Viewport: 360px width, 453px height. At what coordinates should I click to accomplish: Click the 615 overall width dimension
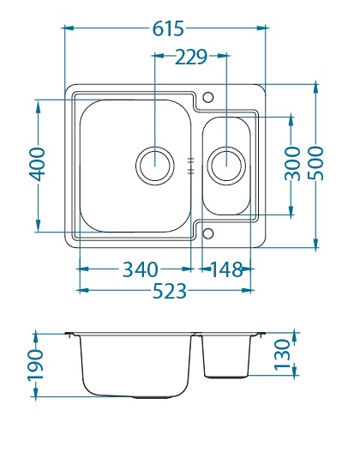coord(168,28)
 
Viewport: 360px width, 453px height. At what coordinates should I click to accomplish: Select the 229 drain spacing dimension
coord(191,57)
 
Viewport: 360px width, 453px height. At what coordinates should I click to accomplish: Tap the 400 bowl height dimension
coord(37,165)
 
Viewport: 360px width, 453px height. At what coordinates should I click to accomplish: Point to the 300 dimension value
coord(292,164)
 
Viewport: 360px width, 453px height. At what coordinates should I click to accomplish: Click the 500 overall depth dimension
coord(315,163)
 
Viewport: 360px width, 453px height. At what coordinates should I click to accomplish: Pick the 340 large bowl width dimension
coord(141,269)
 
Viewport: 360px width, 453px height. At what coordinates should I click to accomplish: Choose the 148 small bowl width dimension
coord(226,269)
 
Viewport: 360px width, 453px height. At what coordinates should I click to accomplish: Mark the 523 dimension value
coord(170,291)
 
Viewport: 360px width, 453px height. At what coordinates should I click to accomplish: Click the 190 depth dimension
coord(35,365)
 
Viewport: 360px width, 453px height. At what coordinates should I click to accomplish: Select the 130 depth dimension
coord(282,355)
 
